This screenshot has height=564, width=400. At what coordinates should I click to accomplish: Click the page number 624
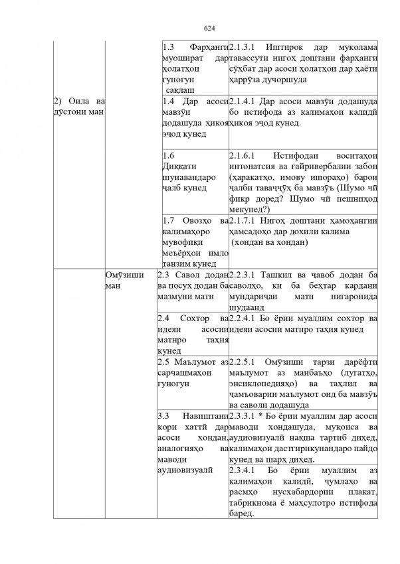tap(209, 28)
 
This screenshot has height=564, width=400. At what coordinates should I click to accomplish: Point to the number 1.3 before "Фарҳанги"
tap(168, 48)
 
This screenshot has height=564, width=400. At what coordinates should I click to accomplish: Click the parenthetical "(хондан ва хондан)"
tap(268, 243)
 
